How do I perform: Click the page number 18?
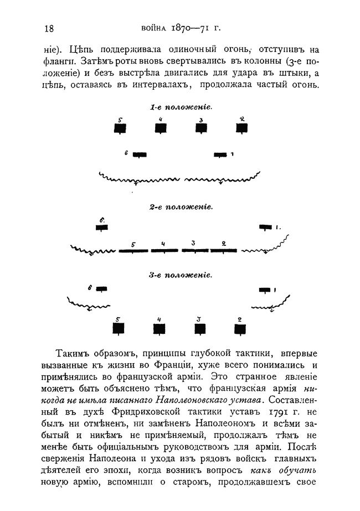48,29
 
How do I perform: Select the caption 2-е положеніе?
181,207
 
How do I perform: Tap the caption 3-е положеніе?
181,274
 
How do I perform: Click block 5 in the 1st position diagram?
120,128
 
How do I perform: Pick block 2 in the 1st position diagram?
241,128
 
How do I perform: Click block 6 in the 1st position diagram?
139,154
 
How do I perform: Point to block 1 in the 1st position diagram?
220,154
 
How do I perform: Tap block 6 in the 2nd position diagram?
102,228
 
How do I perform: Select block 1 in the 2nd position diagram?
266,227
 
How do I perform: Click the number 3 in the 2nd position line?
193,243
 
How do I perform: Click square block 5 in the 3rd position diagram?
118,328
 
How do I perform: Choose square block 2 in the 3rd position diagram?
240,329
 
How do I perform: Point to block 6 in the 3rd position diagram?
101,289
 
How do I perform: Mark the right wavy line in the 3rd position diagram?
271,305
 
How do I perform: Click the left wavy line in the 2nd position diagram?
94,250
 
